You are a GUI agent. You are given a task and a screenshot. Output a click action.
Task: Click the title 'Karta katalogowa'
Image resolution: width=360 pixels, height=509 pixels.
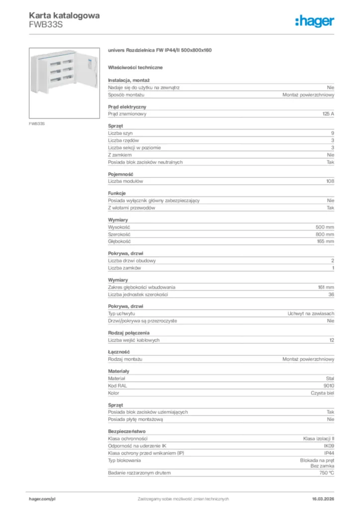pyautogui.click(x=64, y=15)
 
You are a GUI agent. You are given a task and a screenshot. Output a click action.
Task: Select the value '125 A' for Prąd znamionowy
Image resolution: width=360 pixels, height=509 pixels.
pyautogui.click(x=328, y=114)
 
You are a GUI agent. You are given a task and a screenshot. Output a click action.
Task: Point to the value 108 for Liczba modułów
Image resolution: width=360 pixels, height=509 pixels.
pyautogui.click(x=330, y=181)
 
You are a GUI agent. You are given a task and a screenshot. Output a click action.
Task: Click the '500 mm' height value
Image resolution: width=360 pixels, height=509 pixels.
pyautogui.click(x=325, y=227)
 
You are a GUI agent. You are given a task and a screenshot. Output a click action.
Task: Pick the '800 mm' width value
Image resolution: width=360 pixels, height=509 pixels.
pyautogui.click(x=325, y=234)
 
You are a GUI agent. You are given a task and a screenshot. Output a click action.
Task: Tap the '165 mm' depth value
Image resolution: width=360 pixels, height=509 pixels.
pyautogui.click(x=325, y=242)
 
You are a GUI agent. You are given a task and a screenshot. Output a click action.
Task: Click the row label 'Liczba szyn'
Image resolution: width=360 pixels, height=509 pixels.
pyautogui.click(x=120, y=133)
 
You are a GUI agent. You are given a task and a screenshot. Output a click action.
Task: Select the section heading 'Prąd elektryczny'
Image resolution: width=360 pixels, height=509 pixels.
pyautogui.click(x=127, y=107)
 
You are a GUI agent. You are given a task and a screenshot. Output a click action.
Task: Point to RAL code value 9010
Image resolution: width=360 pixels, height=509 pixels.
pyautogui.click(x=329, y=385)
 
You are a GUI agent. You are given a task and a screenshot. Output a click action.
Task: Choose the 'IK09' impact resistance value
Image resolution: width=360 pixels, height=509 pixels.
pyautogui.click(x=329, y=446)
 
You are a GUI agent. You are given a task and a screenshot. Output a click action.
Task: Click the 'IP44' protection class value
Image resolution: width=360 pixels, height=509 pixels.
pyautogui.click(x=329, y=453)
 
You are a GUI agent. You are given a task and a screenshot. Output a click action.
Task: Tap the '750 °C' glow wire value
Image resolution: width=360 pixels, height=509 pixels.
pyautogui.click(x=327, y=473)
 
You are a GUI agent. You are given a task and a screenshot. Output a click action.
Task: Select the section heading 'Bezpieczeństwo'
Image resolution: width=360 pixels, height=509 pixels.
pyautogui.click(x=127, y=431)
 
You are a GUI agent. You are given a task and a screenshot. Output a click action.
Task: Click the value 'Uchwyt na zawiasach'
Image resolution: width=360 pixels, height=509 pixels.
pyautogui.click(x=311, y=314)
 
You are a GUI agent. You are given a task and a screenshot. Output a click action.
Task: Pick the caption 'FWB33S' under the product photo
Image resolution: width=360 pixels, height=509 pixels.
pyautogui.click(x=37, y=123)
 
